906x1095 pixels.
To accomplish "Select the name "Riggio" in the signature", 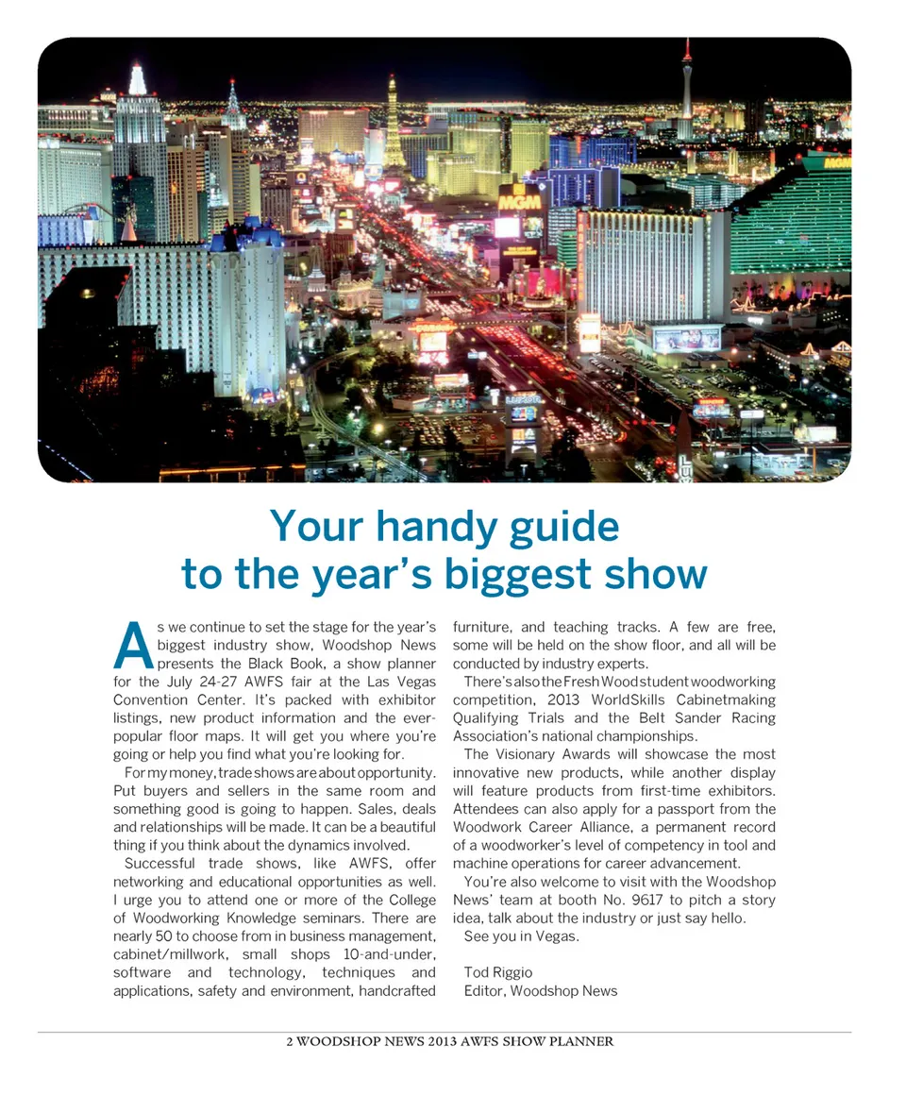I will (x=513, y=972).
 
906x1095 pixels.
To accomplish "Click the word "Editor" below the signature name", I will (x=484, y=990).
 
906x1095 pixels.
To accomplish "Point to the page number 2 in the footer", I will (x=290, y=1042).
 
